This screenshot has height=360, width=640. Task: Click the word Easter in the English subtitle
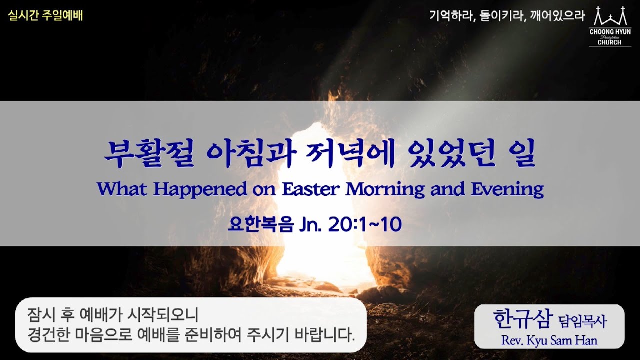tap(311, 189)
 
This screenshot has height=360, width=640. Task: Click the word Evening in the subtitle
tap(507, 189)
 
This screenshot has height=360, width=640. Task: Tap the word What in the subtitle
tap(123, 189)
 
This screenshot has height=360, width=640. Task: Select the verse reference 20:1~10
tap(365, 225)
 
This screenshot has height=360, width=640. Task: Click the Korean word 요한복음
tap(254, 225)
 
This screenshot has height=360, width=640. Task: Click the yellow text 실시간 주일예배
tap(45, 16)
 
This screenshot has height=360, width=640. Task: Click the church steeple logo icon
tap(609, 17)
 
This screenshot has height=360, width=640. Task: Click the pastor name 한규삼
tap(522, 318)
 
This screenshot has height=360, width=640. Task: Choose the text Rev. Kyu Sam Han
tap(549, 340)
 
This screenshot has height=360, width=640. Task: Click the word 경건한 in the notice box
tap(50, 334)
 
